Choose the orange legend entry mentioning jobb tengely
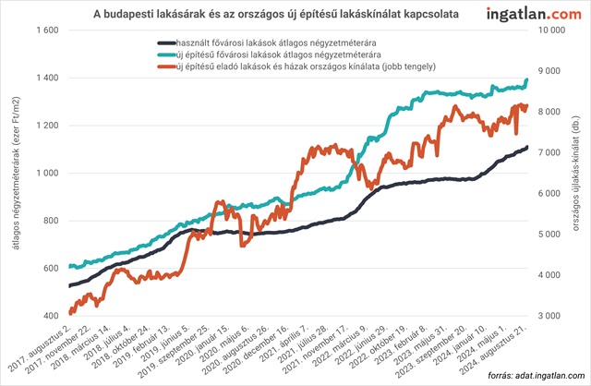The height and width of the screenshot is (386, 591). click(x=296, y=69)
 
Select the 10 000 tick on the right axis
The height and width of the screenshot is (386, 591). click(x=552, y=30)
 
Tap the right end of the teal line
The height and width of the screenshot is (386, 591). click(x=527, y=80)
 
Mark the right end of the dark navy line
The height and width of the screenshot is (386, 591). click(x=527, y=147)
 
